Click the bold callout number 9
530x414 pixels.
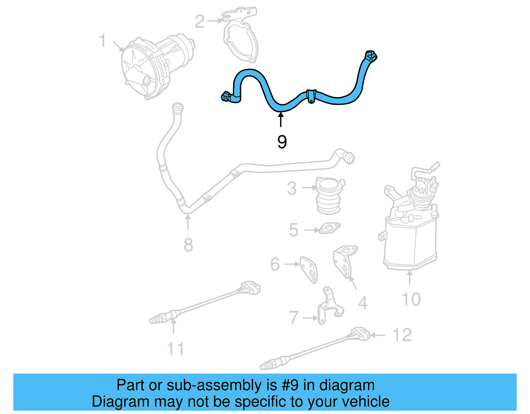point(282,142)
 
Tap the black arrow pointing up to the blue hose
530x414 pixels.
point(281,120)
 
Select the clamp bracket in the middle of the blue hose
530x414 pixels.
point(311,96)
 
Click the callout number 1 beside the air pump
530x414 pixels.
point(103,41)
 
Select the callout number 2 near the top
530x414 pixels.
point(199,22)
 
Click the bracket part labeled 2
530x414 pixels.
point(241,35)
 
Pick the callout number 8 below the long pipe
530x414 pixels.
point(188,245)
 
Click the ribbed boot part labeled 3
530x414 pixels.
point(328,196)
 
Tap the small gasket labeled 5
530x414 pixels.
point(329,228)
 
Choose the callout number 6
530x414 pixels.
point(275,265)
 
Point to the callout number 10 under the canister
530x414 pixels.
point(411,299)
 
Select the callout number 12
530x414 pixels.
point(402,335)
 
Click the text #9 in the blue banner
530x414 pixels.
point(290,385)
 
